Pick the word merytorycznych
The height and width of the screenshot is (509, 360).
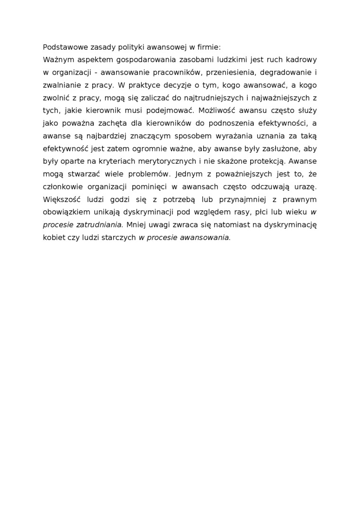click(x=169, y=162)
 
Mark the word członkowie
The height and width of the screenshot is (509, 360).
click(x=62, y=188)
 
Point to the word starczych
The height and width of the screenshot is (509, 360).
click(x=121, y=238)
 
